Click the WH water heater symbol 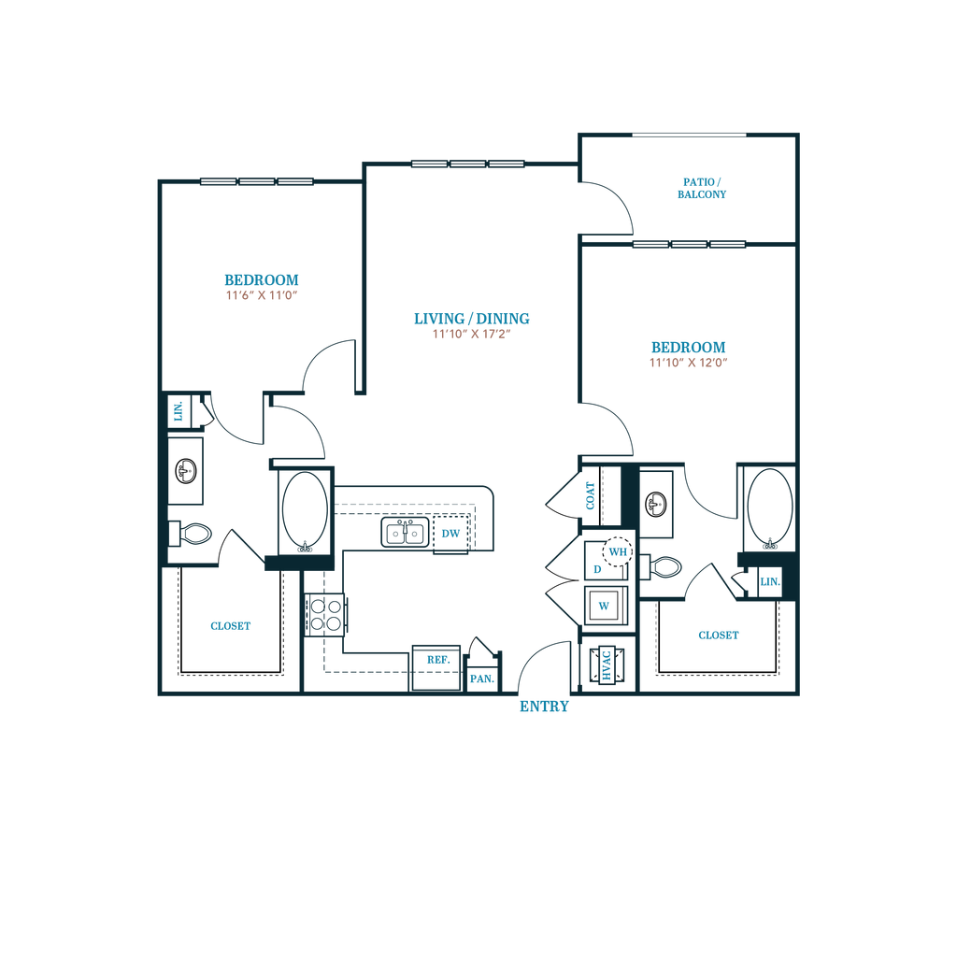616,552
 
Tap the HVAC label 606,666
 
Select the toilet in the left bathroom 194,536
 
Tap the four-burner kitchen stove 328,614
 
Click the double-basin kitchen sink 403,533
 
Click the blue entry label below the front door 544,707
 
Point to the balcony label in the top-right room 702,188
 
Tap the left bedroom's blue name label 261,279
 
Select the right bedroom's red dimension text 689,362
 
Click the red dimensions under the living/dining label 472,333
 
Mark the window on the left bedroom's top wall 256,181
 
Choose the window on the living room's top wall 468,163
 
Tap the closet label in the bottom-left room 231,625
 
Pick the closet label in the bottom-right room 719,636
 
